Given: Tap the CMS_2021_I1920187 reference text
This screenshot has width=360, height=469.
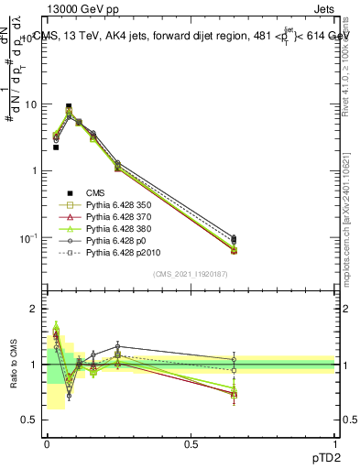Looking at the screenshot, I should (x=191, y=274).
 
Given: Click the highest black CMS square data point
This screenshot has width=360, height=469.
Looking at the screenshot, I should (x=69, y=106).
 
